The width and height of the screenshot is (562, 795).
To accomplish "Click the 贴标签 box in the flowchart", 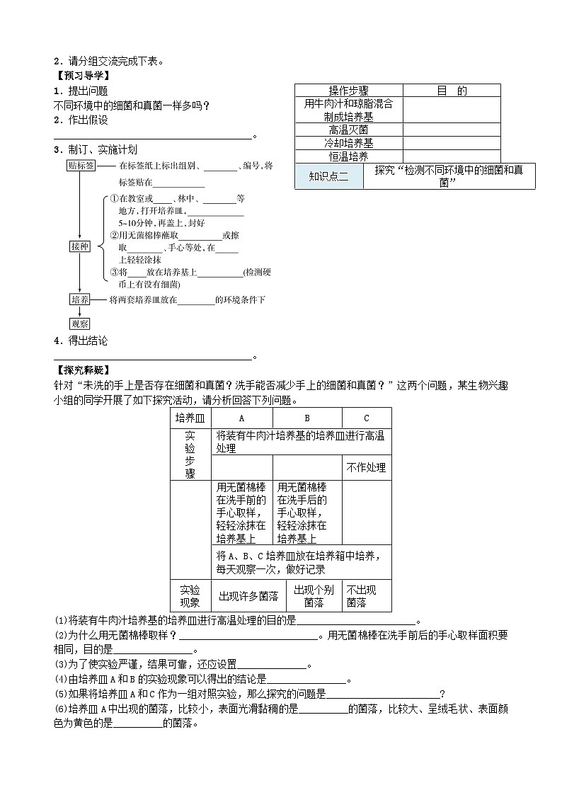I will click(81, 166).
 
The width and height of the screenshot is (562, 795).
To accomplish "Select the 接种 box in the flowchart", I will click(80, 246).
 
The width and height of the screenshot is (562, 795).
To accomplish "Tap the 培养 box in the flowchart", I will click(80, 299).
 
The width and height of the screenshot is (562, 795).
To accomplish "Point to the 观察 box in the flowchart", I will click(80, 324).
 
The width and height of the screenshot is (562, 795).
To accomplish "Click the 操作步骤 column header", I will click(348, 91).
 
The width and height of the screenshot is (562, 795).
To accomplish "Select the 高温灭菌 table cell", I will click(348, 130).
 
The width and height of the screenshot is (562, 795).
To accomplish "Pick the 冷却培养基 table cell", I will click(348, 143).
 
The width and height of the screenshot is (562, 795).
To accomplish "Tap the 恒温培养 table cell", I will click(348, 156).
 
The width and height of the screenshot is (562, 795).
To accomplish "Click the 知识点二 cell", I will click(329, 176).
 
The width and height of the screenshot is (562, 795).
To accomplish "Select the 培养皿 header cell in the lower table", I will click(190, 418).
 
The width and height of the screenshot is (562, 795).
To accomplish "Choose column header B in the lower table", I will click(306, 418).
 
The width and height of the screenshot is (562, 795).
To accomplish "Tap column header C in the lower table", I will click(366, 418).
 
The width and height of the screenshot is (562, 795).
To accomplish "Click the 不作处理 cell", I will click(366, 468).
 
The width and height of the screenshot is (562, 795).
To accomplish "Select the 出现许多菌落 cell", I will click(241, 596).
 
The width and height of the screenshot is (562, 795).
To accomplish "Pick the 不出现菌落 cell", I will click(366, 596).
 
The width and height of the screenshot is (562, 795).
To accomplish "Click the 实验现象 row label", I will click(190, 596).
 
